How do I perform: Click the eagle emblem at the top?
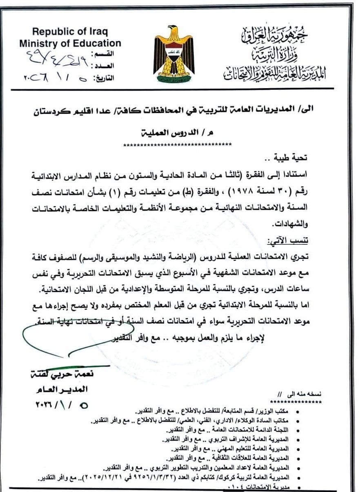tap(175, 53)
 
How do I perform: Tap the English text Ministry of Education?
tap(70, 43)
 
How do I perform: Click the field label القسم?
tap(106, 54)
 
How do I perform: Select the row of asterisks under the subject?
tap(178, 144)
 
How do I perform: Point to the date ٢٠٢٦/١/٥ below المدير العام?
tap(61, 406)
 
